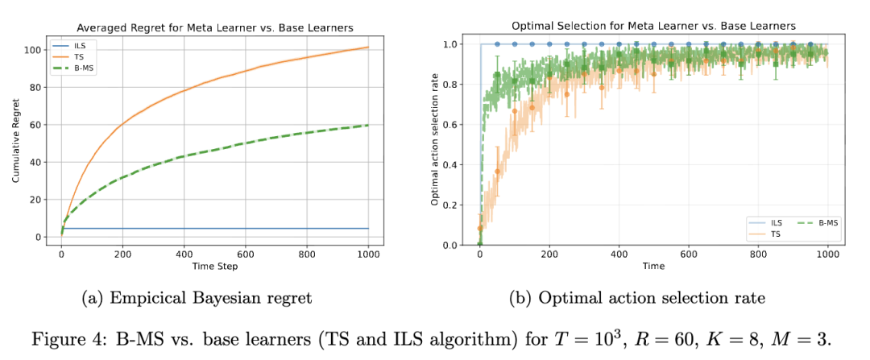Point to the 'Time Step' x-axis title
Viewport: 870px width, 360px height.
click(x=213, y=267)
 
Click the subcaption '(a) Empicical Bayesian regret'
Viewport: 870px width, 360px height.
click(x=197, y=299)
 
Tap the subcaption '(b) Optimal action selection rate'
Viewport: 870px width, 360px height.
click(x=636, y=299)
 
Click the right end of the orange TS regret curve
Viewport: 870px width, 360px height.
click(x=368, y=48)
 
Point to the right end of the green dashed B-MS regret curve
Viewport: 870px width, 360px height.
click(x=368, y=125)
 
